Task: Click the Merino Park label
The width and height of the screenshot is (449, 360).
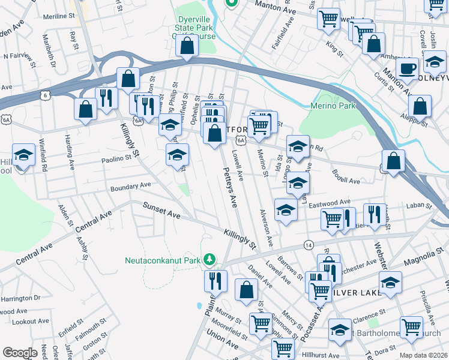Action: pos(333,106)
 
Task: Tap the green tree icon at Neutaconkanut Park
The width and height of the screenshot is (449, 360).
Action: pos(209,260)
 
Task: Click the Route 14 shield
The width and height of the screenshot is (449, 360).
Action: pos(308,245)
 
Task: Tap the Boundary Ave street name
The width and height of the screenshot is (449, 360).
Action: pos(130,187)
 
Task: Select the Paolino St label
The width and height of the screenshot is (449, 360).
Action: pos(116,159)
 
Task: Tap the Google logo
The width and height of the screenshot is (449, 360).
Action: pos(20,352)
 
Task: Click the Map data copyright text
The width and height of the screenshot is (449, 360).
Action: pos(424,355)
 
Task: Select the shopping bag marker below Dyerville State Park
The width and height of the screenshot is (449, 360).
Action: pos(187,46)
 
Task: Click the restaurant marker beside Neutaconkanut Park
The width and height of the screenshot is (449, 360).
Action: pos(215,280)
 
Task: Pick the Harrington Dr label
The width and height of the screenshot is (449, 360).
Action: pos(20,298)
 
